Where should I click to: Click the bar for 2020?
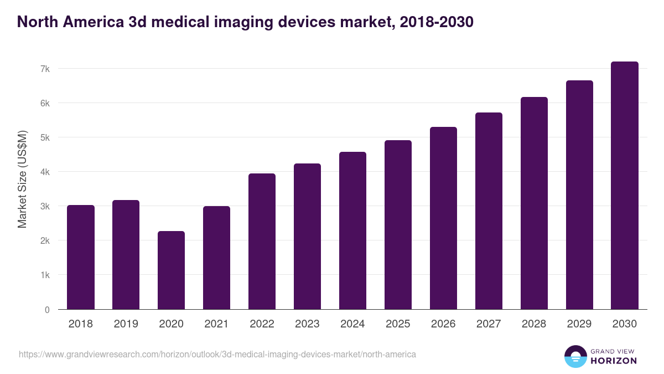pyautogui.click(x=171, y=270)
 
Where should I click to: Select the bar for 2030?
pyautogui.click(x=625, y=186)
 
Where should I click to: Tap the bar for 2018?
pyautogui.click(x=81, y=257)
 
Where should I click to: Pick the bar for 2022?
pyautogui.click(x=262, y=242)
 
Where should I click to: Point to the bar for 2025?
pyautogui.click(x=398, y=225)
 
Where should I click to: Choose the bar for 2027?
pyautogui.click(x=489, y=211)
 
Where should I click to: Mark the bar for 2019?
pyautogui.click(x=126, y=255)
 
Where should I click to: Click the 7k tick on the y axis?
pyautogui.click(x=44, y=69)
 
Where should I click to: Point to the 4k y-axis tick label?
pyautogui.click(x=44, y=172)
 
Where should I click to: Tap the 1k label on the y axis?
pyautogui.click(x=44, y=275)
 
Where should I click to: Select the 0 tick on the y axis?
pyautogui.click(x=47, y=310)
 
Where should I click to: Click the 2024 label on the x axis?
pyautogui.click(x=352, y=324)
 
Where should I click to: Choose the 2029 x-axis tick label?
pyautogui.click(x=579, y=324)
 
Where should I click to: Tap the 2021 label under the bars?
pyautogui.click(x=216, y=324)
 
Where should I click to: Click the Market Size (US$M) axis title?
pyautogui.click(x=22, y=180)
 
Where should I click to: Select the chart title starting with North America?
pyautogui.click(x=245, y=22)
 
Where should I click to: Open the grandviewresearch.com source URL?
pyautogui.click(x=217, y=354)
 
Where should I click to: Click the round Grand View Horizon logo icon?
pyautogui.click(x=575, y=356)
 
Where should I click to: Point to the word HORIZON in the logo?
pyautogui.click(x=613, y=361)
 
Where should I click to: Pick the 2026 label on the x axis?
pyautogui.click(x=443, y=324)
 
